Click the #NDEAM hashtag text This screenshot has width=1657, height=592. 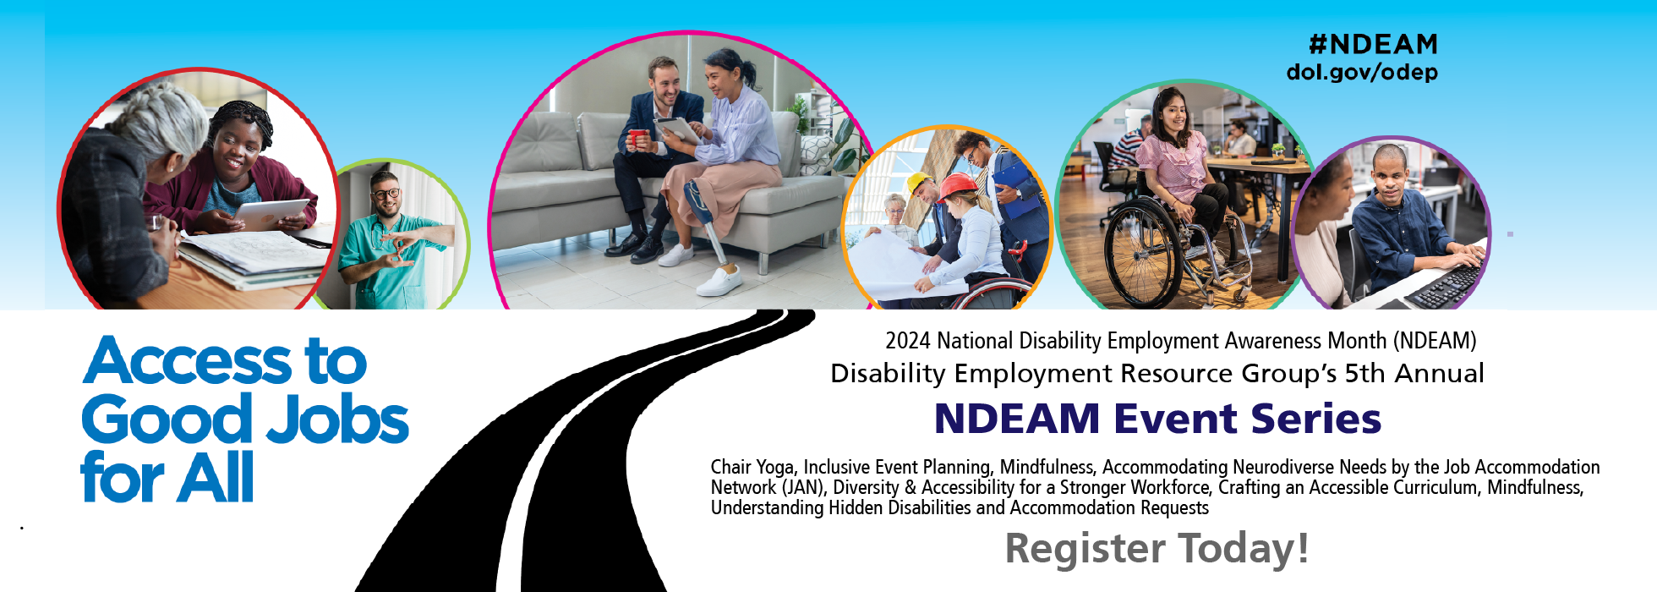(x=1373, y=44)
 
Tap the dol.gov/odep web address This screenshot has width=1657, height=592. (x=1362, y=73)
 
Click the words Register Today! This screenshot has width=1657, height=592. (x=1157, y=548)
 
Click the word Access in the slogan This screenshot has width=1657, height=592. (x=188, y=361)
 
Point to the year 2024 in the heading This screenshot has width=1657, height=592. (x=907, y=341)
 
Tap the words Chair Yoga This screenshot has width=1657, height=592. (x=752, y=467)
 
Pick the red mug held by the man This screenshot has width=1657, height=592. (x=637, y=137)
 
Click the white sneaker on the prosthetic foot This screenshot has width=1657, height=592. (x=720, y=281)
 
